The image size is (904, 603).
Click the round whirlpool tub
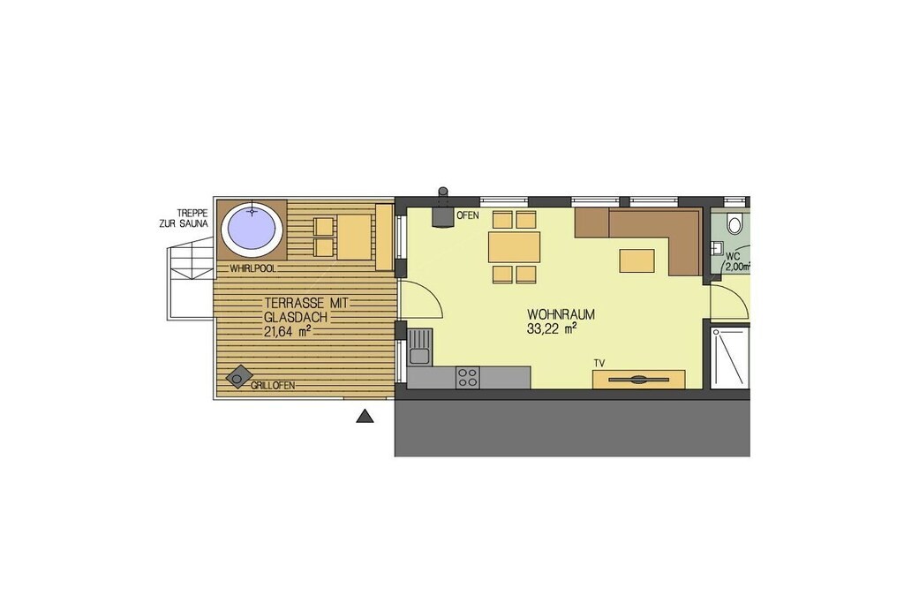tap(252, 229)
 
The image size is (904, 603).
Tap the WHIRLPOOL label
tap(253, 268)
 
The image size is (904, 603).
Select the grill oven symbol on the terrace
tap(238, 377)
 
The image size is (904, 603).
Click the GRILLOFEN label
tap(273, 385)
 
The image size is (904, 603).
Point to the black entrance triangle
tap(365, 416)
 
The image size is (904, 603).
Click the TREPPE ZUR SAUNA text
tap(184, 218)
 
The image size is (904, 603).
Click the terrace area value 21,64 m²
tap(289, 330)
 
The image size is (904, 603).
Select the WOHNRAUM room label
tap(561, 315)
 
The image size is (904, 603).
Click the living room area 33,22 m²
tap(553, 329)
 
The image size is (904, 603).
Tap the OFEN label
tap(468, 215)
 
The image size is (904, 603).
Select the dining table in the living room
tap(515, 247)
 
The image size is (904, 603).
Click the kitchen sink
tap(419, 346)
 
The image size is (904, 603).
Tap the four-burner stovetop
tap(467, 377)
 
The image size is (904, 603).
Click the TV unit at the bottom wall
tap(639, 380)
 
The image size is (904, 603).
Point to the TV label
tap(599, 363)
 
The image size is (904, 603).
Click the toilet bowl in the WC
tap(734, 223)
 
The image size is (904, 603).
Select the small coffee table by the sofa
tap(637, 260)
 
